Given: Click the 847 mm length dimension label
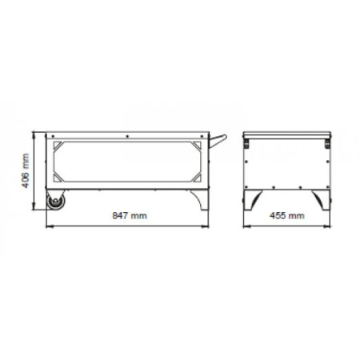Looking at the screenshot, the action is tap(130, 215).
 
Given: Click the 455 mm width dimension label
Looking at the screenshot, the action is tap(287, 215).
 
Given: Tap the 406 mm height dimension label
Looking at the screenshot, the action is tap(26, 170).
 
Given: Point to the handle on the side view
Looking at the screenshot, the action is tap(218, 141).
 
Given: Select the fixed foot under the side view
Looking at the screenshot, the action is tap(201, 200).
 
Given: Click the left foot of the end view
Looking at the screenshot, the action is tap(253, 200).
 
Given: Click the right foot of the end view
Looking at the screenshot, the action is tap(322, 200).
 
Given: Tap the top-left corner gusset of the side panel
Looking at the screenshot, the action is tap(58, 146).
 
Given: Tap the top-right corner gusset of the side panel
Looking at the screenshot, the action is tap(198, 146).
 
